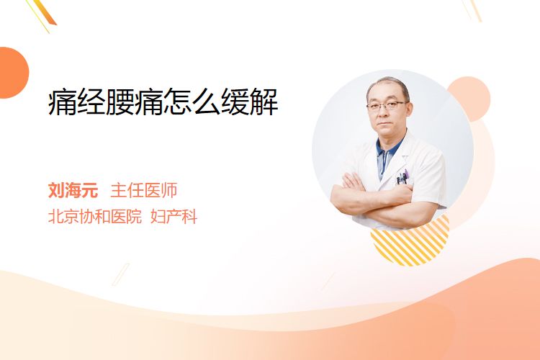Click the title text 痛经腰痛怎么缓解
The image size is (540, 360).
click(x=163, y=102)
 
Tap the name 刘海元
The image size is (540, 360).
click(x=73, y=190)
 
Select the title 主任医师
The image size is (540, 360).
click(x=143, y=190)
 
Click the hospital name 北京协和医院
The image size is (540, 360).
click(x=95, y=217)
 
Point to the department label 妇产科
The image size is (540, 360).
click(x=174, y=217)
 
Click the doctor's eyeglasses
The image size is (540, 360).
click(x=387, y=105)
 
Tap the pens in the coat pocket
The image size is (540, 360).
click(x=402, y=176)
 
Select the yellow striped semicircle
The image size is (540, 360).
click(x=410, y=240)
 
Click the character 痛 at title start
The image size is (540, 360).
click(x=62, y=102)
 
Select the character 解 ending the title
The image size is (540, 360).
click(x=264, y=102)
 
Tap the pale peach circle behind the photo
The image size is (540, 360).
click(x=469, y=99)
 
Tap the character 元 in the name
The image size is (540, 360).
click(x=90, y=190)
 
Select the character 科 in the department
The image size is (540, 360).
click(x=189, y=217)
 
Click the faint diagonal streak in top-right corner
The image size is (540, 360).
click(x=472, y=10)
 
